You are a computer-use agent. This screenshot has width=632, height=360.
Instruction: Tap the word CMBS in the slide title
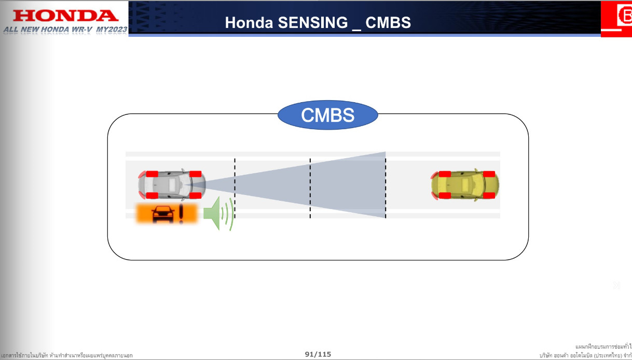pyautogui.click(x=388, y=23)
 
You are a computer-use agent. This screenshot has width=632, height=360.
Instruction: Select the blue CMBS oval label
pyautogui.click(x=328, y=115)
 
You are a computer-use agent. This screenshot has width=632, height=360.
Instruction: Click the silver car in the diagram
pyautogui.click(x=172, y=184)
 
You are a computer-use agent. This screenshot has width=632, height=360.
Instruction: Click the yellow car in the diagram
pyautogui.click(x=465, y=185)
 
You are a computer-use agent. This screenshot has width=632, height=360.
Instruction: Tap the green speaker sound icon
pyautogui.click(x=218, y=213)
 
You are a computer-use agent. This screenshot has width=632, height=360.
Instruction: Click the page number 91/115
pyautogui.click(x=318, y=354)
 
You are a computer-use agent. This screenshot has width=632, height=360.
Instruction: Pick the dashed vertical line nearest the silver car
pyautogui.click(x=235, y=188)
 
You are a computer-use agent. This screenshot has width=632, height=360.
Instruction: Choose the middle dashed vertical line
pyautogui.click(x=310, y=188)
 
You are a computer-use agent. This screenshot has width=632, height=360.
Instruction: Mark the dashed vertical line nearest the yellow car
pyautogui.click(x=386, y=188)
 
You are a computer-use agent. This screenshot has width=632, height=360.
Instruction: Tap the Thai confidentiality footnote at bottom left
pyautogui.click(x=67, y=355)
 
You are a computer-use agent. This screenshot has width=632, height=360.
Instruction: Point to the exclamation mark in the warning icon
pyautogui.click(x=181, y=213)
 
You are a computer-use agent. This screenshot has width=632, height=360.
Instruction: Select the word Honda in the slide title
pyautogui.click(x=244, y=23)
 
